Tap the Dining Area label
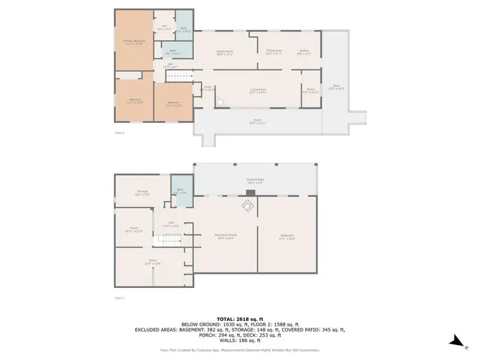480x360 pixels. coord(273,52)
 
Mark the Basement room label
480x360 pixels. coord(287,237)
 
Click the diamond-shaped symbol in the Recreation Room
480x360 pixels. coord(247,206)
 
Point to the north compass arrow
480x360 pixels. coord(454,343)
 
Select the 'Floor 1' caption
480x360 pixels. coord(119,298)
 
